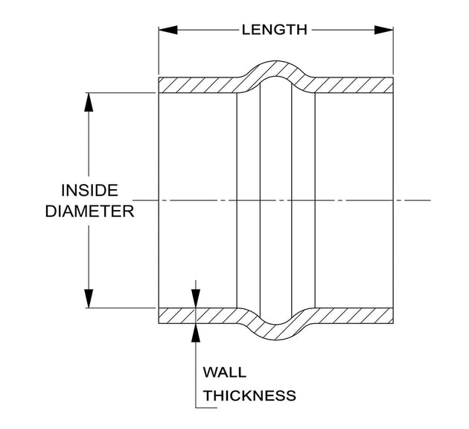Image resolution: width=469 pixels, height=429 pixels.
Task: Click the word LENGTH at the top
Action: click(274, 30)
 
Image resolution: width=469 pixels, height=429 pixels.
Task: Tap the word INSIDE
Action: click(90, 191)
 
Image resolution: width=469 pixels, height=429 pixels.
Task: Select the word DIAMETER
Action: click(90, 212)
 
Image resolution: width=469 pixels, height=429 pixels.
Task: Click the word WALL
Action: click(225, 372)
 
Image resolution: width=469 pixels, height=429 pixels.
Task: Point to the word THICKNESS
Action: click(249, 395)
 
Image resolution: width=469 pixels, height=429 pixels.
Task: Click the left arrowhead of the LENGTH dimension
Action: click(168, 30)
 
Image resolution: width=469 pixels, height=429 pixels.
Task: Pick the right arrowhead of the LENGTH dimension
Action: click(383, 30)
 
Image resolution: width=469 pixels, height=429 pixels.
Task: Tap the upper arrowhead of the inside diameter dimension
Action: click(89, 102)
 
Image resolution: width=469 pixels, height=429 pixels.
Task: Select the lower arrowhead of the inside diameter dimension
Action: click(89, 298)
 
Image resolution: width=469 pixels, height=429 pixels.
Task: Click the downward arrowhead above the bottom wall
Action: click(196, 298)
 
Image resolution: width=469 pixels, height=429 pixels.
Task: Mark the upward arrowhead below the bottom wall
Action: click(196, 333)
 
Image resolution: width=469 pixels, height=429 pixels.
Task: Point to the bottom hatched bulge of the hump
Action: click(275, 328)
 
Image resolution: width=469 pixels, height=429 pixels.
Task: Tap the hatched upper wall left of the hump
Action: click(199, 85)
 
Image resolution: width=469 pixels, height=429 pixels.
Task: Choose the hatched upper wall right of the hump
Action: click(353, 85)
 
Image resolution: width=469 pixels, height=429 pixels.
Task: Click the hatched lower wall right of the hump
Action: click(353, 316)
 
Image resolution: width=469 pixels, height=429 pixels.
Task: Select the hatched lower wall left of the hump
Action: click(199, 316)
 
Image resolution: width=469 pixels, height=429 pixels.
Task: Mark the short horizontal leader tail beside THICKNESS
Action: click(206, 407)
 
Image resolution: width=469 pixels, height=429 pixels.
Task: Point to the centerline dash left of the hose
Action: click(144, 200)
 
